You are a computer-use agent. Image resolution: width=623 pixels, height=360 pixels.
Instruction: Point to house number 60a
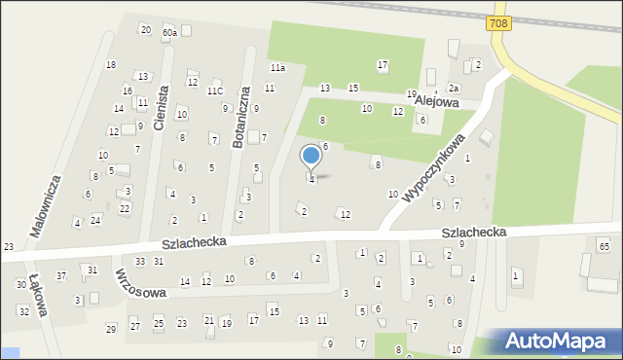pyautogui.click(x=170, y=33)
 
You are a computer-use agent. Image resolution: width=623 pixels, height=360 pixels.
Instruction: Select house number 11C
pyautogui.click(x=214, y=91)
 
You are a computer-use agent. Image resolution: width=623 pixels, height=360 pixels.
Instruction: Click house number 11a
pyautogui.click(x=277, y=68)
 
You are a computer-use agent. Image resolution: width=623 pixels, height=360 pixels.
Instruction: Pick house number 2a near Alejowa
pyautogui.click(x=453, y=88)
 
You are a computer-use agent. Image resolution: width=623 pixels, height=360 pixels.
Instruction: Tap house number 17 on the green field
pyautogui.click(x=383, y=65)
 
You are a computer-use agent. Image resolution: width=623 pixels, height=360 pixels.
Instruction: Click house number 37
pyautogui.click(x=60, y=276)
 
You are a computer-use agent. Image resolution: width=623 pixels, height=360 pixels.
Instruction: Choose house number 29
pyautogui.click(x=111, y=329)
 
